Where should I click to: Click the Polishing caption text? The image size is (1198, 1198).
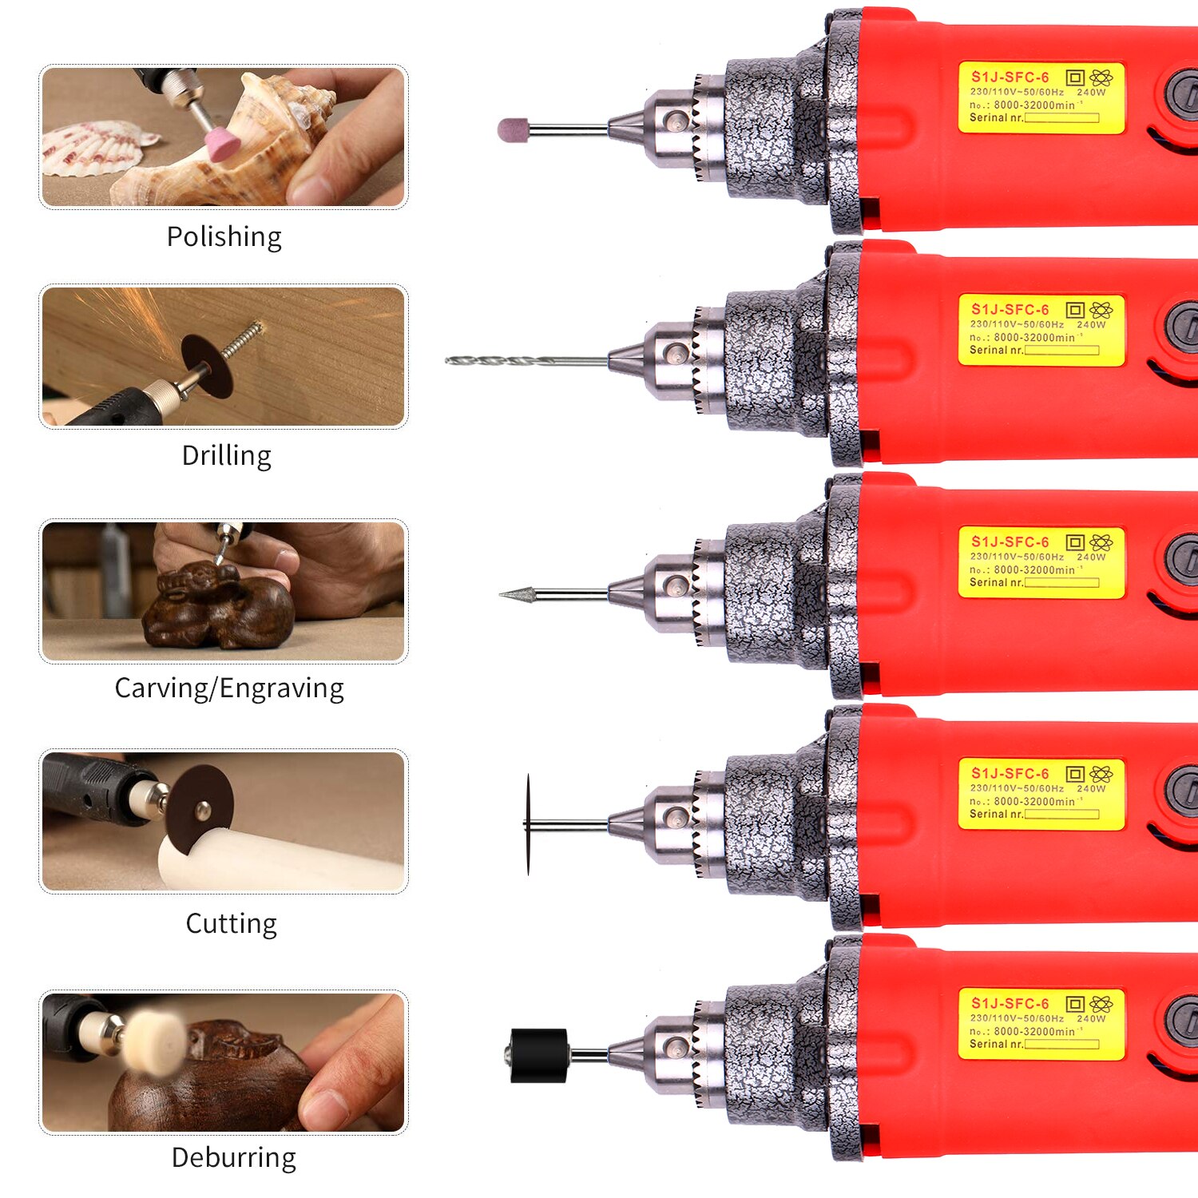(224, 237)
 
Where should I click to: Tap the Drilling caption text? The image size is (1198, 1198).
(227, 456)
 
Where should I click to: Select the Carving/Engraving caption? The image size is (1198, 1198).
(229, 688)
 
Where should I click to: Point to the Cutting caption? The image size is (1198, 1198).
(232, 924)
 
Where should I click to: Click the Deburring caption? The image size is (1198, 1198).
(234, 1158)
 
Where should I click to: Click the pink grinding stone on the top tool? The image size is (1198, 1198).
(514, 129)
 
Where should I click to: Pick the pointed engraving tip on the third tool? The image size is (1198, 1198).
(518, 593)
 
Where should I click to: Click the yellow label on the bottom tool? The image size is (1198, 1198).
(1041, 1024)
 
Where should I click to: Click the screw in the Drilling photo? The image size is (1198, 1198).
(241, 339)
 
